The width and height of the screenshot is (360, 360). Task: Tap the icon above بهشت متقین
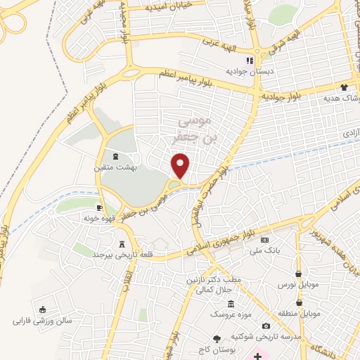click(115, 157)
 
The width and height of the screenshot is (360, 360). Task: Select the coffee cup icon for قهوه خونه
click(100, 207)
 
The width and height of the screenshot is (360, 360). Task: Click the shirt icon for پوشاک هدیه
click(344, 88)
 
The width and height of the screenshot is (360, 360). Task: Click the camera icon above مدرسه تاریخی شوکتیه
click(266, 326)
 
